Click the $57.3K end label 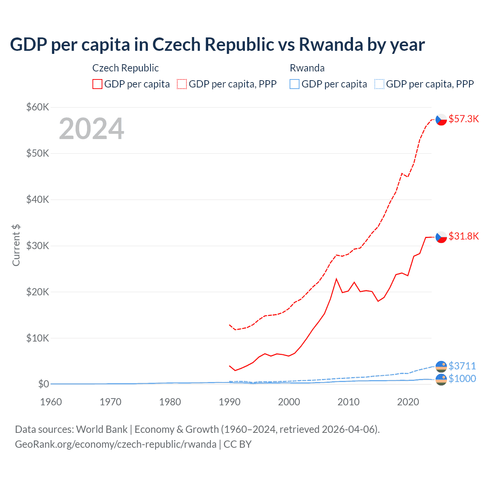coord(463,119)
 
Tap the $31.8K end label coord(463,236)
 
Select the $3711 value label coord(462,366)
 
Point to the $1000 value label coord(462,379)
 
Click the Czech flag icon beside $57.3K coord(441,120)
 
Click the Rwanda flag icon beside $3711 coord(441,366)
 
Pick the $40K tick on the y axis coord(37,199)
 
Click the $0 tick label coord(44,384)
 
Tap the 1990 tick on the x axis coord(230,402)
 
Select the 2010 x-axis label coord(348,402)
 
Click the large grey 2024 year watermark coord(91,129)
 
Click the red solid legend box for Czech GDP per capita coord(97,84)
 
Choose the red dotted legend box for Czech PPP coord(182,84)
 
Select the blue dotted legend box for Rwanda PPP coord(379,84)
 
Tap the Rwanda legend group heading coord(307,68)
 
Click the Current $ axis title coord(16,245)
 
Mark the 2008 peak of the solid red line coord(336,279)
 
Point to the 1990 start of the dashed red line coord(230,325)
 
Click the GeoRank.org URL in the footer coord(116,444)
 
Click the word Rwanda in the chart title coord(330,44)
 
